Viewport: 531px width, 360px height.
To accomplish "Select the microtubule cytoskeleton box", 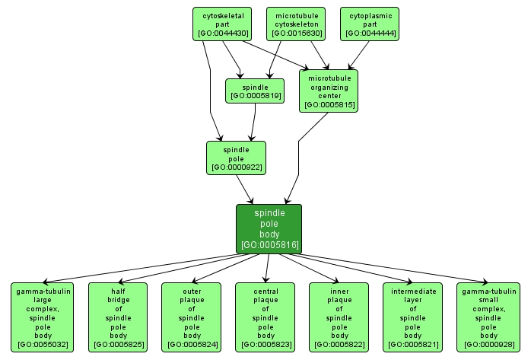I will tap(296, 24).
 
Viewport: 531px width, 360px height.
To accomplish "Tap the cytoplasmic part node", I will tap(371, 24).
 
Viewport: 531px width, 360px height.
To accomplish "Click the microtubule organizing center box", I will tap(329, 91).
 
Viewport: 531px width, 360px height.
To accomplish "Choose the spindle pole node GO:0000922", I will tap(237, 157).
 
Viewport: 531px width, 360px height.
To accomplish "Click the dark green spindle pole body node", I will tap(269, 228).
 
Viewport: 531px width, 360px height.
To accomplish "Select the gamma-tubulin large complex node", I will tap(43, 317).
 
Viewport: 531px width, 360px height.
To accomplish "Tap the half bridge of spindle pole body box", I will tap(118, 317).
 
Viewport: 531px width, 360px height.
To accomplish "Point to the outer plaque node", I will tap(192, 317).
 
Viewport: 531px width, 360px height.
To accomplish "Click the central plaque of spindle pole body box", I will tap(265, 317).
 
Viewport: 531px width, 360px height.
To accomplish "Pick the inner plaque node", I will tap(339, 317).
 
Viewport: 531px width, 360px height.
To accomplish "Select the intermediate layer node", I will tap(413, 317).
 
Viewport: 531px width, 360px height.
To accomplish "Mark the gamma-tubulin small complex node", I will tap(488, 317).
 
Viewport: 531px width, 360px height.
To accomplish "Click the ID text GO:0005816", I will tap(269, 245).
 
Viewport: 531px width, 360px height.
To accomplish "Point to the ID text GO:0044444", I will tap(371, 33).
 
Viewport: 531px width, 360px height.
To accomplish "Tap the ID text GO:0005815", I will tap(329, 105).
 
